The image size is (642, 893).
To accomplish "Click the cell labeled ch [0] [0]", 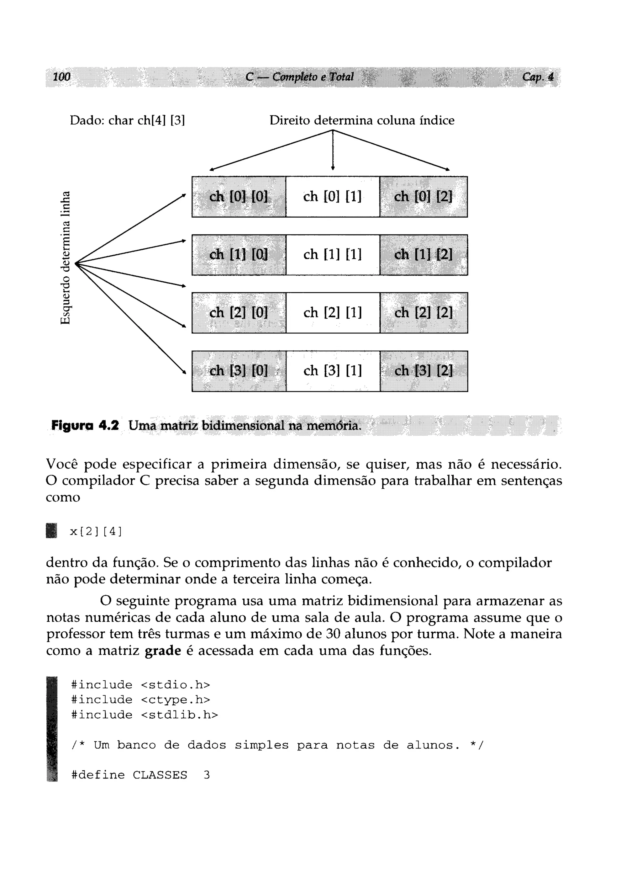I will (x=239, y=196).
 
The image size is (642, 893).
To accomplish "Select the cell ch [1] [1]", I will (x=333, y=255).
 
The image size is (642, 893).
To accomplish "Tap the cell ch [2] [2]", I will (x=424, y=313).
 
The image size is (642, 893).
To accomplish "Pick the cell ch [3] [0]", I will (x=239, y=371).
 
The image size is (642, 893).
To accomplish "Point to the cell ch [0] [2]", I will (x=423, y=196).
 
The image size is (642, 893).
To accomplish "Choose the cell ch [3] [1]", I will (x=333, y=371).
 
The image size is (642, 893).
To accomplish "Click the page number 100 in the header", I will (x=61, y=77).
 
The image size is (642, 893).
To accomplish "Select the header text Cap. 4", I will (x=538, y=77).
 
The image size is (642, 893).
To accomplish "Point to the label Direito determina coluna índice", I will (x=362, y=120).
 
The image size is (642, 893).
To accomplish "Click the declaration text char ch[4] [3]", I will (x=147, y=120).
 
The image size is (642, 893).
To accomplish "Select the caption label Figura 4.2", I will (x=85, y=426).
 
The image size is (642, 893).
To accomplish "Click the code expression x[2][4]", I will (x=96, y=532).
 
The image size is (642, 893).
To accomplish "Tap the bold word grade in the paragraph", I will (x=163, y=651).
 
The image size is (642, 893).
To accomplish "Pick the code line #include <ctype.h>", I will (x=140, y=700).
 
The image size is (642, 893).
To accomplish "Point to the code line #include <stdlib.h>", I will (x=144, y=715).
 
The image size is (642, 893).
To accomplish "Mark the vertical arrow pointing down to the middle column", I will (x=333, y=150).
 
